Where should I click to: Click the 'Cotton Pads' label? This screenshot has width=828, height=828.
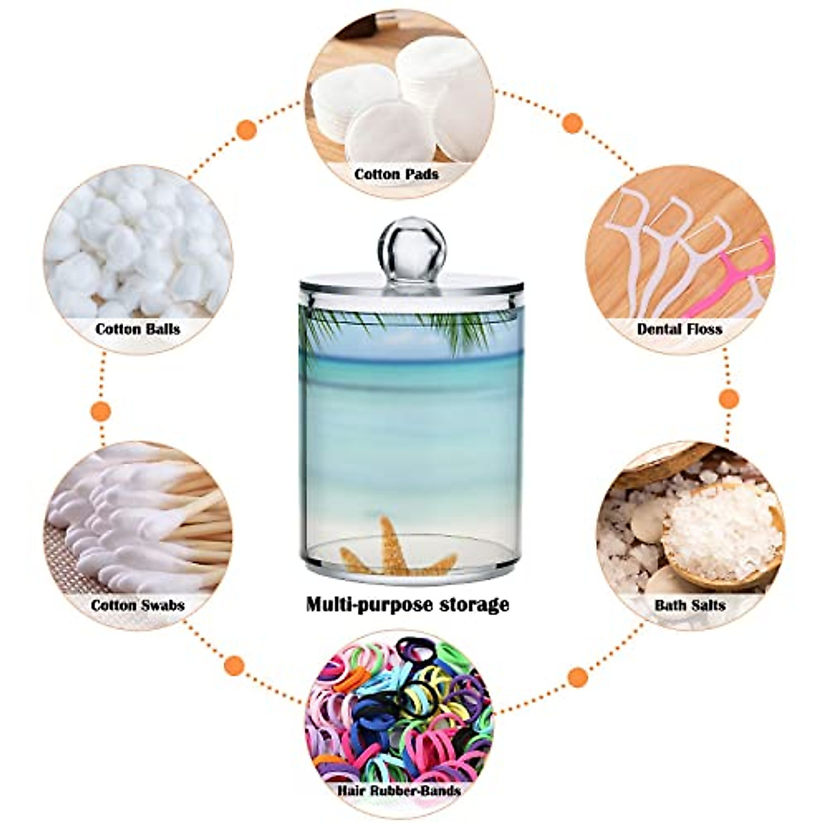pos(396,174)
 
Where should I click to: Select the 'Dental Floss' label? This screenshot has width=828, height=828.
pos(680,328)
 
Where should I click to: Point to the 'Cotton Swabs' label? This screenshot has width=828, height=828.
pos(138,605)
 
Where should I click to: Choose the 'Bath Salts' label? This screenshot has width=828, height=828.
pos(690,605)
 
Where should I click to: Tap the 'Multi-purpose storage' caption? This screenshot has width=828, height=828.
pos(408,605)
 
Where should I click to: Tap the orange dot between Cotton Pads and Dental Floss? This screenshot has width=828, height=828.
pos(572,124)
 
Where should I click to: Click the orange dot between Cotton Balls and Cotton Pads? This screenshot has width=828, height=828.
pos(246,129)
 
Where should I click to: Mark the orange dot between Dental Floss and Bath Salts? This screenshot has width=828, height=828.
pos(729,398)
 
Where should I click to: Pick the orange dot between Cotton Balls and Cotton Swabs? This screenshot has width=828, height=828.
pos(101,411)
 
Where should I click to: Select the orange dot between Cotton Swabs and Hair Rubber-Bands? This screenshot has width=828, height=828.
pos(235,665)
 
